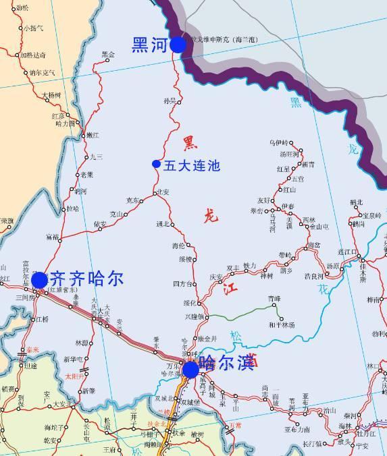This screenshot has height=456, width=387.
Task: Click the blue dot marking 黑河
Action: tap(178, 45)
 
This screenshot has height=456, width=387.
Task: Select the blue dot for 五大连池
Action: tap(156, 164)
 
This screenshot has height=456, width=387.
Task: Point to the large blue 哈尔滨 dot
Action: tap(190, 370)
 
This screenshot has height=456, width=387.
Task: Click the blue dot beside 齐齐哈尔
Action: tap(39, 279)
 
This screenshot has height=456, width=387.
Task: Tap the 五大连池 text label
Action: tap(192, 164)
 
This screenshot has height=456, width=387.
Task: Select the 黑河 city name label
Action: tap(150, 45)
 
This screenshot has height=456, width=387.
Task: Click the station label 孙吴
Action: tap(169, 101)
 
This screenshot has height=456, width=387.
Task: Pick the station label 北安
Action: tap(163, 192)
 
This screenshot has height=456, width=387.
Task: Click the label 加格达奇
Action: tap(33, 55)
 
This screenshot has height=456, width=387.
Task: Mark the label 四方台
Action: tap(182, 282)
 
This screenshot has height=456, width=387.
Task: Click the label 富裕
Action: tap(53, 237)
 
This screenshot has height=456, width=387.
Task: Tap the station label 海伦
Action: tap(178, 246)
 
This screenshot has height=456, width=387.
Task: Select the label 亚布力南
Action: tap(297, 429)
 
